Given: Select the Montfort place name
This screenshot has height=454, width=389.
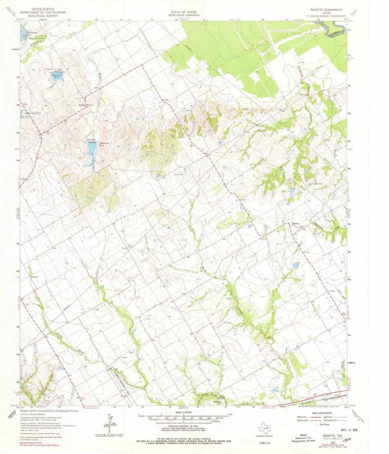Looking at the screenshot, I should click(82, 105).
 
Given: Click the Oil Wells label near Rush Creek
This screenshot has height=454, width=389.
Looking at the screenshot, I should click(229, 323).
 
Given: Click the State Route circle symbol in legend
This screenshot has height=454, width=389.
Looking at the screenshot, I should click(317, 424).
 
